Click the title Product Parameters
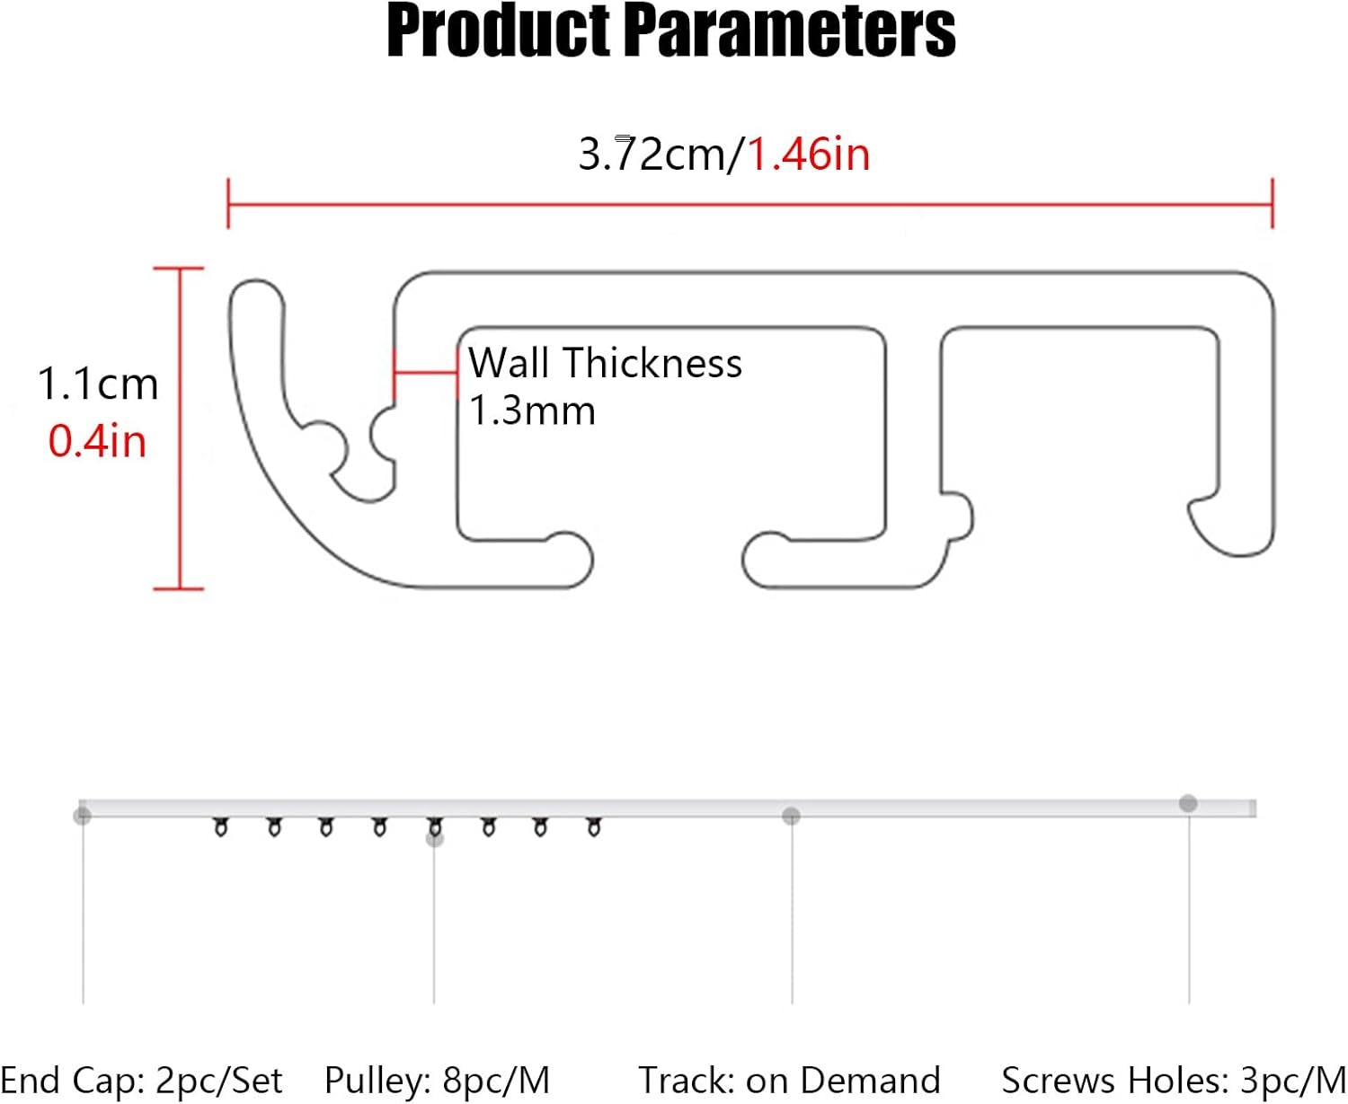671,31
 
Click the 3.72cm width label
651,154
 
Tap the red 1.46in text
809,154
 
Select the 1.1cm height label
98,384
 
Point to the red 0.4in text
97,441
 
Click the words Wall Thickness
605,364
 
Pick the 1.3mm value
532,411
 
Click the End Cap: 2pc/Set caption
141,1080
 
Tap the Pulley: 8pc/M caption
437,1080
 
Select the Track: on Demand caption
789,1080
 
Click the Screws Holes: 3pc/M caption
1173,1080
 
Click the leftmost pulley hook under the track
220,827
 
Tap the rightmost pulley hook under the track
593,826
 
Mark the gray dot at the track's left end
83,815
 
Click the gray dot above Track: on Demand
791,816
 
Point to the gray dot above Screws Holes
1188,803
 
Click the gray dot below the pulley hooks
435,839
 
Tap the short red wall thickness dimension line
425,372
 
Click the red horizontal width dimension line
749,205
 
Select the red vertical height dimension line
180,428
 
